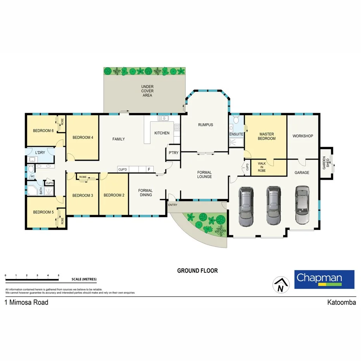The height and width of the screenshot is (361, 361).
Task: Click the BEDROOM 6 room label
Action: click(43, 131)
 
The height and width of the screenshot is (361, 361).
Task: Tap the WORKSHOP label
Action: click(303, 136)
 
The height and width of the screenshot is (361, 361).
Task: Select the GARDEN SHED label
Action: click(325, 163)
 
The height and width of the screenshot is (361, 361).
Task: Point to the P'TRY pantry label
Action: click(173, 153)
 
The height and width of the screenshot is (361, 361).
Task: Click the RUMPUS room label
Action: click(205, 125)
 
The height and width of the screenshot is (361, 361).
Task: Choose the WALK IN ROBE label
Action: click(262, 167)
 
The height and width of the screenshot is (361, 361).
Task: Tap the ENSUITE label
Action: click(236, 134)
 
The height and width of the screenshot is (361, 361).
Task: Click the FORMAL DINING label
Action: click(146, 193)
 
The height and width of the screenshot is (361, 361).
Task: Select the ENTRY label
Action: click(173, 205)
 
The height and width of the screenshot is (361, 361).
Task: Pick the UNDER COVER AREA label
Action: click(147, 91)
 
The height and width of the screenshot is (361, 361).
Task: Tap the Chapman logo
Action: click(324, 279)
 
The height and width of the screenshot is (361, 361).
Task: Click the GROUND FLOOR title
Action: click(197, 271)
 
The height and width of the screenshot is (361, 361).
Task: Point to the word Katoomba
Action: click(341, 303)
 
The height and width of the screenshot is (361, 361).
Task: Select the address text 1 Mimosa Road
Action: click(26, 303)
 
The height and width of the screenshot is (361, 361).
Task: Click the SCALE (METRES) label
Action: click(84, 279)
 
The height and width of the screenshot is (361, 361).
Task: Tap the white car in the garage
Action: click(302, 205)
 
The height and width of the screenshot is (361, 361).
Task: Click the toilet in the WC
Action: click(31, 169)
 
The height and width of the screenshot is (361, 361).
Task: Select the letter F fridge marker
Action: click(149, 169)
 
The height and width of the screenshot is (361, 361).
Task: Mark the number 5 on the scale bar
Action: click(58, 275)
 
